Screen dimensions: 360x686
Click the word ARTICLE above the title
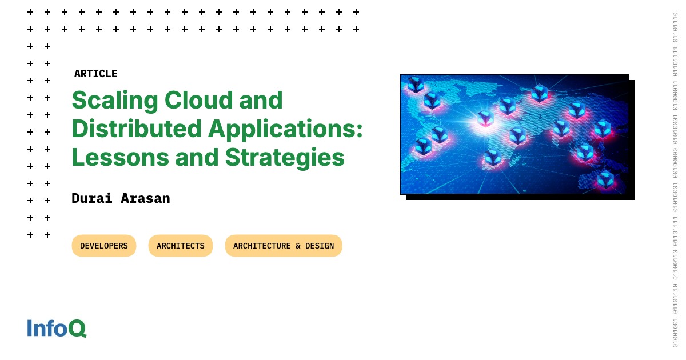[x=95, y=74]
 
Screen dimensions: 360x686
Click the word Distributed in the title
[x=136, y=129]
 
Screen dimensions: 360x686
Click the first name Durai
[x=92, y=198]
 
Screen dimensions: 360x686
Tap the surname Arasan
[x=145, y=198]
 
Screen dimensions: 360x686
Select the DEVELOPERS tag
[x=104, y=246]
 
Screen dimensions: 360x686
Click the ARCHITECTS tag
[x=181, y=246]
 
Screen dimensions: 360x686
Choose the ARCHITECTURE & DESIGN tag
[x=284, y=246]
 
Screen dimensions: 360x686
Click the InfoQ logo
[x=57, y=329]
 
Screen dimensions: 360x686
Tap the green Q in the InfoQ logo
[x=77, y=329]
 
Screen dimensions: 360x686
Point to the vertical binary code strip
[x=675, y=180]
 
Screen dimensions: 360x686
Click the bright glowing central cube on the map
[x=485, y=119]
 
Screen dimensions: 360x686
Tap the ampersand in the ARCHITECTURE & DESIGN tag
[x=298, y=246]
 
